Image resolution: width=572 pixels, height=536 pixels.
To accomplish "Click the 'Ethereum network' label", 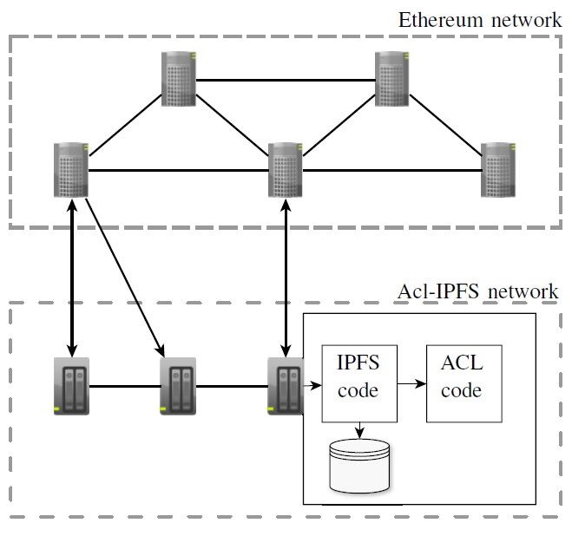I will click(x=479, y=19).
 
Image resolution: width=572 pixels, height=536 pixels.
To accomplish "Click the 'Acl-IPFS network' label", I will click(x=477, y=291).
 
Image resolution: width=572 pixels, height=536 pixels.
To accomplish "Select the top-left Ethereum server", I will click(x=179, y=79).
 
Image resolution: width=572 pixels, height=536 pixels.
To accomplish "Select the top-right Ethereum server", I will click(x=392, y=79).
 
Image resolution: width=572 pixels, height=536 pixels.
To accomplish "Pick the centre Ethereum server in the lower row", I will click(x=286, y=169).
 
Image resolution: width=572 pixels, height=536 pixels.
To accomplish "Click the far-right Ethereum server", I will click(x=499, y=169).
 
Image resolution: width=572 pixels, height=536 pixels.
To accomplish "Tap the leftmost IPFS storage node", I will click(x=71, y=386).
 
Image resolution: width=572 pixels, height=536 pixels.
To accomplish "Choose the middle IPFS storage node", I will click(x=179, y=386).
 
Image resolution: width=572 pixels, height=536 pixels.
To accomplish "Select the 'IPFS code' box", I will click(x=358, y=383).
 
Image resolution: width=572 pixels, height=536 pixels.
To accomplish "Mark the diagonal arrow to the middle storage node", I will click(x=126, y=278).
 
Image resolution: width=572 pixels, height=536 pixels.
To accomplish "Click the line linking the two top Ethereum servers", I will click(x=286, y=80).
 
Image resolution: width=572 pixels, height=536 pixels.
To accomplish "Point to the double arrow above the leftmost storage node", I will click(x=71, y=278).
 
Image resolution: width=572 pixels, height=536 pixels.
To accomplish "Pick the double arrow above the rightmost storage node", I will click(x=286, y=278).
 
